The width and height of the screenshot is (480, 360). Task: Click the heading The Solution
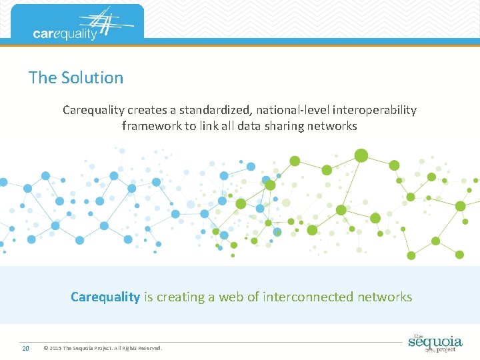point(76,77)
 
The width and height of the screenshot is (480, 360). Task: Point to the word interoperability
point(377,109)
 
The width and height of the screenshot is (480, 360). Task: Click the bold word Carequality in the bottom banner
point(105,297)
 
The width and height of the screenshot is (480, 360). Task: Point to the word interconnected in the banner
point(309,297)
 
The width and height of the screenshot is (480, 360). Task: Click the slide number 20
point(25,348)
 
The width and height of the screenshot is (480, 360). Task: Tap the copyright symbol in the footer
point(45,348)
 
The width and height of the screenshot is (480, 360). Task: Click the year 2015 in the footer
point(55,348)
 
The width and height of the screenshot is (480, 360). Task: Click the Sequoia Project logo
point(435,342)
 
